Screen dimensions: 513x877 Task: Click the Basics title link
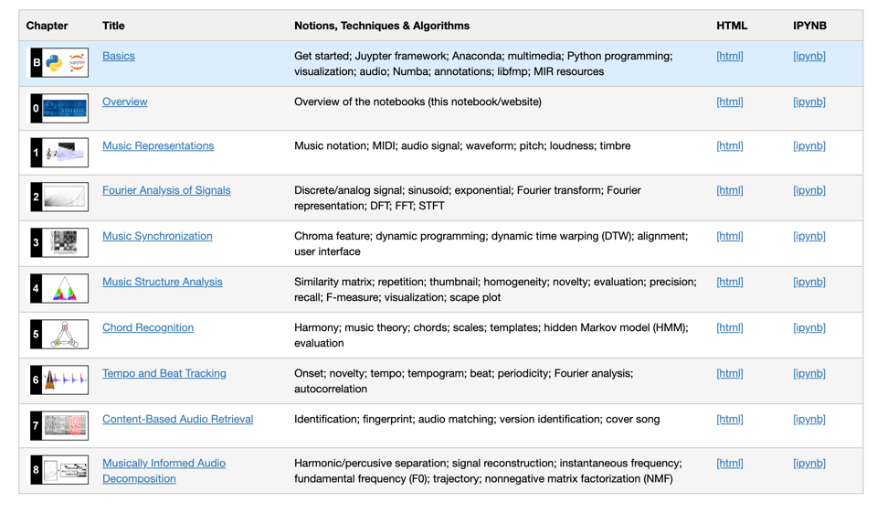click(x=118, y=56)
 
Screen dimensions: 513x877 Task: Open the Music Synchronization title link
click(x=157, y=236)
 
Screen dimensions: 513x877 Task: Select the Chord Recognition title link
click(x=148, y=327)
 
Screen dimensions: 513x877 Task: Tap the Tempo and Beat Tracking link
click(x=164, y=373)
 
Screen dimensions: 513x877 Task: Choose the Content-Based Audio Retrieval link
click(x=177, y=419)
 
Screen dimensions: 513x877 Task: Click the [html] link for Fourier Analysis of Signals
click(x=729, y=190)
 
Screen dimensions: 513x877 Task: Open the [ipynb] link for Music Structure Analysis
click(x=808, y=282)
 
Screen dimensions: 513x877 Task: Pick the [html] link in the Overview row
click(x=729, y=102)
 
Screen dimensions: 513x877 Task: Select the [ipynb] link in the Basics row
click(x=808, y=56)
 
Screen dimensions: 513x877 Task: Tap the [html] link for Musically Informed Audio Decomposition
click(x=729, y=463)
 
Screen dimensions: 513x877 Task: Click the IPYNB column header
click(x=809, y=26)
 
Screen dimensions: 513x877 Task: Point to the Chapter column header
click(x=48, y=26)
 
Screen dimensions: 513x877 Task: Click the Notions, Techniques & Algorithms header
click(x=382, y=26)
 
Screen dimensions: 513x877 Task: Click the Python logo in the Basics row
click(x=55, y=63)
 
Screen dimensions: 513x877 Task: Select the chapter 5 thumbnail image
click(x=64, y=335)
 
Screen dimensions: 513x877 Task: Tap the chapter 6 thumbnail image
click(x=64, y=379)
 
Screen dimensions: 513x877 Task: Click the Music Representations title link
click(x=158, y=145)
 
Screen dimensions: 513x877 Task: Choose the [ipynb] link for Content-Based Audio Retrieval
click(x=808, y=419)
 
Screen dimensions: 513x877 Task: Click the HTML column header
click(x=731, y=26)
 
